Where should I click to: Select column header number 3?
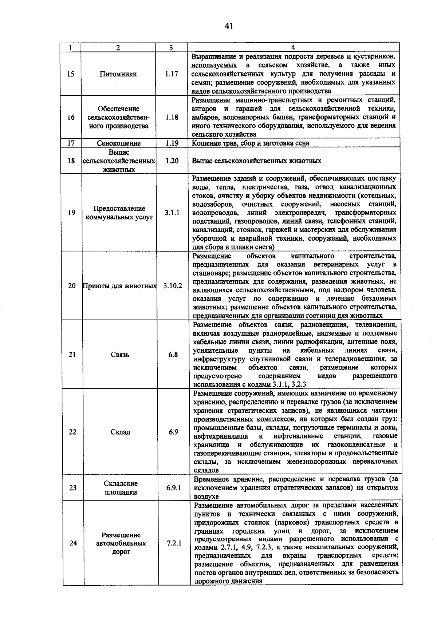171,47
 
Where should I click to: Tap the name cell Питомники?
118,74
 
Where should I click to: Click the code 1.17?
171,74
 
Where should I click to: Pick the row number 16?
71,117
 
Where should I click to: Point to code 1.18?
172,117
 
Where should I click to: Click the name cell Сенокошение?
119,143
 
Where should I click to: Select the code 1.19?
172,143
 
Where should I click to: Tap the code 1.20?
172,161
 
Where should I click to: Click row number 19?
71,213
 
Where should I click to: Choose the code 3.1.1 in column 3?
172,213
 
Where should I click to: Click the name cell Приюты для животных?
120,286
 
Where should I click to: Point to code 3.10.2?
173,286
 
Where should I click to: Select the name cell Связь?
120,355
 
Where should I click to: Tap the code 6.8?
173,355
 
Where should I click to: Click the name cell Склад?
120,432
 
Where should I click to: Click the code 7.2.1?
174,543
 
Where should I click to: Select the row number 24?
73,543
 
